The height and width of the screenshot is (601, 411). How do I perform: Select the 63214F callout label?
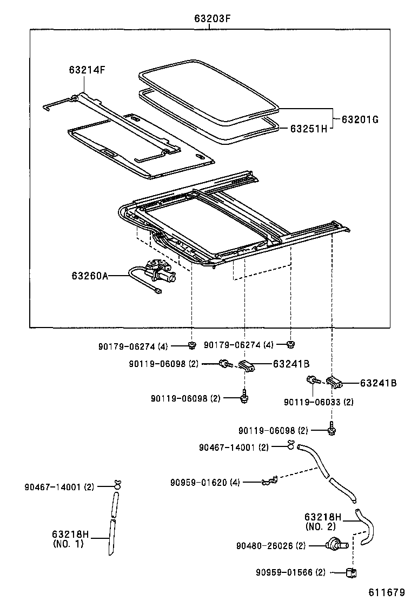(x=87, y=70)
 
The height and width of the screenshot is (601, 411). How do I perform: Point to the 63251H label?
(x=308, y=129)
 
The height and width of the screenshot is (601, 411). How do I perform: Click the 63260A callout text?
(x=89, y=276)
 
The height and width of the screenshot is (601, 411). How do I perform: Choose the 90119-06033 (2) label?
(x=319, y=402)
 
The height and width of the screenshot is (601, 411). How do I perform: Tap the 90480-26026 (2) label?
(x=271, y=546)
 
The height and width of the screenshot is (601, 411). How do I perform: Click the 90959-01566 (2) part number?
(x=291, y=572)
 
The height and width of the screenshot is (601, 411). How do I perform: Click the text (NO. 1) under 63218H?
(x=68, y=544)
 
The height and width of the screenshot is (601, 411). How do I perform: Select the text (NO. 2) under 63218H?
(x=320, y=526)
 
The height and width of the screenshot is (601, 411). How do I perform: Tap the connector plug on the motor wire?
(x=158, y=291)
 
